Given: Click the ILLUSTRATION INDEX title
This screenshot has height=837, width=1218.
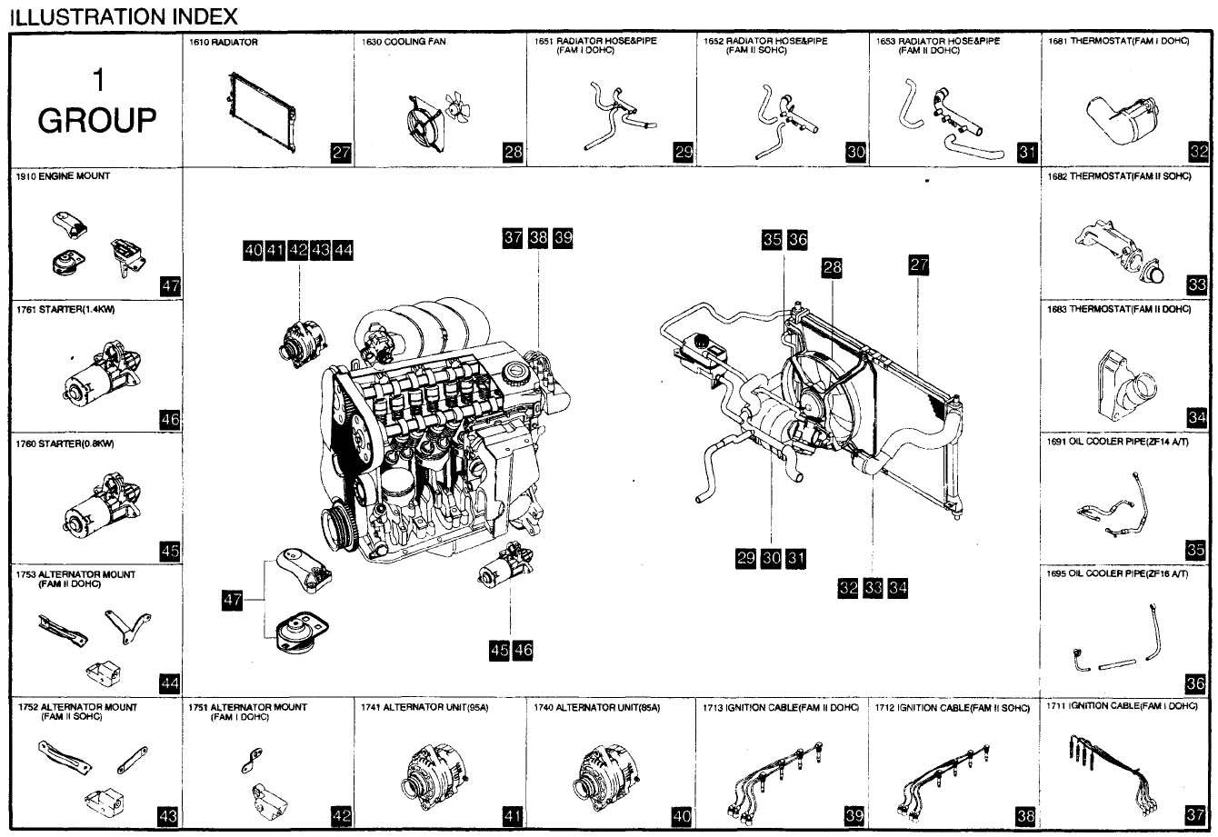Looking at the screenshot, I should (123, 15).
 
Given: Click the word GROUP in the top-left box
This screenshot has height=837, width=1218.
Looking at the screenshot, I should (97, 120).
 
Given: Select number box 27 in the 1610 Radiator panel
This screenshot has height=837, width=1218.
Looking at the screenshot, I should (341, 153).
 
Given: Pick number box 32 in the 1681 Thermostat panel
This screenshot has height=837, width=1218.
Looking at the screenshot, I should (1198, 153).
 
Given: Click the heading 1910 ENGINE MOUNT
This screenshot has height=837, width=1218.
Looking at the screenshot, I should (63, 176).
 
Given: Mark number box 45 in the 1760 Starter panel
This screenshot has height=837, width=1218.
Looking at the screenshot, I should (169, 551).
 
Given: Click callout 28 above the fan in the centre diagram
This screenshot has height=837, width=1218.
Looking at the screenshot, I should (832, 267).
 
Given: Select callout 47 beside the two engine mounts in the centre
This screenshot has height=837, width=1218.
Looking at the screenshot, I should (233, 599).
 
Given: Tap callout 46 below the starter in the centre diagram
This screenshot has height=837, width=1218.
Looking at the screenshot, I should (523, 650).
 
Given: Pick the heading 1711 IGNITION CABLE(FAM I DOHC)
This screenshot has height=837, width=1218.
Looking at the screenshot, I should (1122, 705).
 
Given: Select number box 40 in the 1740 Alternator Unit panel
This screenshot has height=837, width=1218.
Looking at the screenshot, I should (682, 816).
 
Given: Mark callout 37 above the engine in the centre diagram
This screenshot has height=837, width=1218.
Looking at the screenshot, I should (513, 238).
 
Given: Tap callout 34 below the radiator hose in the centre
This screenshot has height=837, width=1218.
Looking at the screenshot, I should (898, 588).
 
